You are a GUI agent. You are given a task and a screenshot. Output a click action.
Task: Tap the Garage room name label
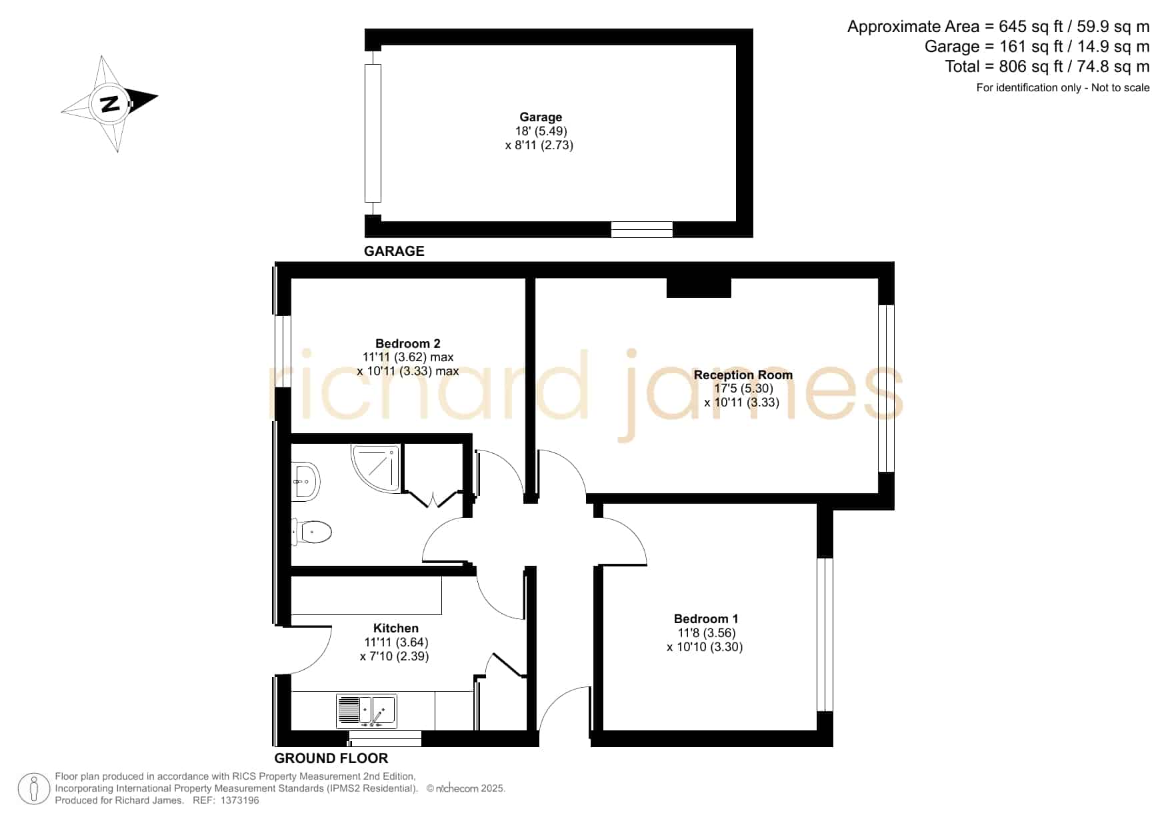coord(541,117)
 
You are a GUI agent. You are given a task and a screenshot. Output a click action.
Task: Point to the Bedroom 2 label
coord(407,344)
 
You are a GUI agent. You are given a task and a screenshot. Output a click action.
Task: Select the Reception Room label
coord(743,375)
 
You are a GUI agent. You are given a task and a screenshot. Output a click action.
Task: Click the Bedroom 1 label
coord(705,619)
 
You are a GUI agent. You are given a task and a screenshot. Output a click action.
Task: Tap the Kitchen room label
coord(396,628)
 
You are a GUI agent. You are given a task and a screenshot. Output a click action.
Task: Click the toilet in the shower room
coord(311,532)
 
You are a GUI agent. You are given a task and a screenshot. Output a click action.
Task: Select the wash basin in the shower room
coord(306,480)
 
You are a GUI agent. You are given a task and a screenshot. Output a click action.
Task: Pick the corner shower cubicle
coord(377,468)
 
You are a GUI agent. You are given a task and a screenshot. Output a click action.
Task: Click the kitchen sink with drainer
coord(367,711)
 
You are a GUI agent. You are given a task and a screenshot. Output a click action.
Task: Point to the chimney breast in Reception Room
coord(699,287)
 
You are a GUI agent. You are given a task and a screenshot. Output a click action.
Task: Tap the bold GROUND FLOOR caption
coord(331,758)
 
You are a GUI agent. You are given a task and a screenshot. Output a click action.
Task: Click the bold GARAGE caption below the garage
coord(394,251)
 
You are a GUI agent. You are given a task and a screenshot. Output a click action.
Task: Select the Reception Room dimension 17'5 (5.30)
coord(743,389)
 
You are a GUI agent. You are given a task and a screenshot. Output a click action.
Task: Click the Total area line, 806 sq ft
coord(1047,67)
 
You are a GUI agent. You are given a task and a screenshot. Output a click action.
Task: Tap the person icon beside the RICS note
coord(34,789)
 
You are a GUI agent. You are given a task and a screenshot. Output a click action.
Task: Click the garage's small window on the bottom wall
coord(642,229)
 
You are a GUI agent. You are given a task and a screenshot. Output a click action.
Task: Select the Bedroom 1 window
coord(825,634)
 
